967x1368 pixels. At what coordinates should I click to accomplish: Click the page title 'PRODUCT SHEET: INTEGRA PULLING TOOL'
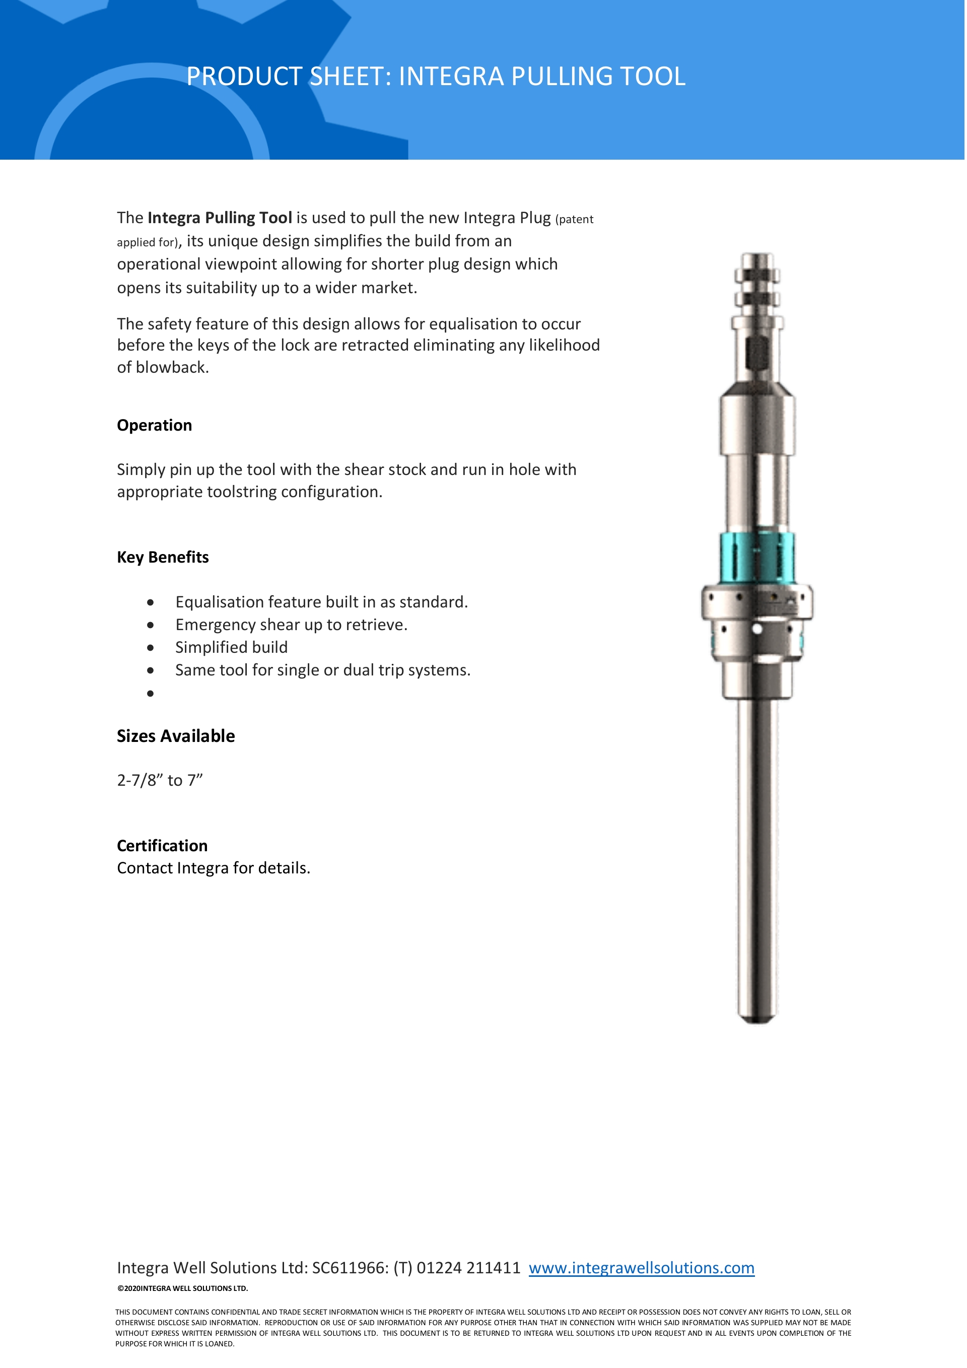[x=436, y=76]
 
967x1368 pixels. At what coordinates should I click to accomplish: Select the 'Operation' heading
[x=154, y=426]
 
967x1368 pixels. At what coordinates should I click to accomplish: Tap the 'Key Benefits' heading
[x=163, y=557]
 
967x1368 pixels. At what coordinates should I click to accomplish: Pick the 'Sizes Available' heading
[x=176, y=736]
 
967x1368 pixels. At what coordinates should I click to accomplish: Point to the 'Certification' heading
[x=162, y=846]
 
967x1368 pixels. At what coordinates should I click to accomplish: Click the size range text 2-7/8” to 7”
[x=160, y=781]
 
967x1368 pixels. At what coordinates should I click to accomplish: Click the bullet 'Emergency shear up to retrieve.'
[x=291, y=625]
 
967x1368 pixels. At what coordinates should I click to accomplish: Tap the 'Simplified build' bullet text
[x=231, y=648]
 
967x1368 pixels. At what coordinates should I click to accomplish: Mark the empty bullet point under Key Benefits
[x=150, y=693]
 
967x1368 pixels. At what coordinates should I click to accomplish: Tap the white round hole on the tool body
[x=757, y=629]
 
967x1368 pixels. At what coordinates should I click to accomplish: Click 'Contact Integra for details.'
[x=214, y=868]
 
